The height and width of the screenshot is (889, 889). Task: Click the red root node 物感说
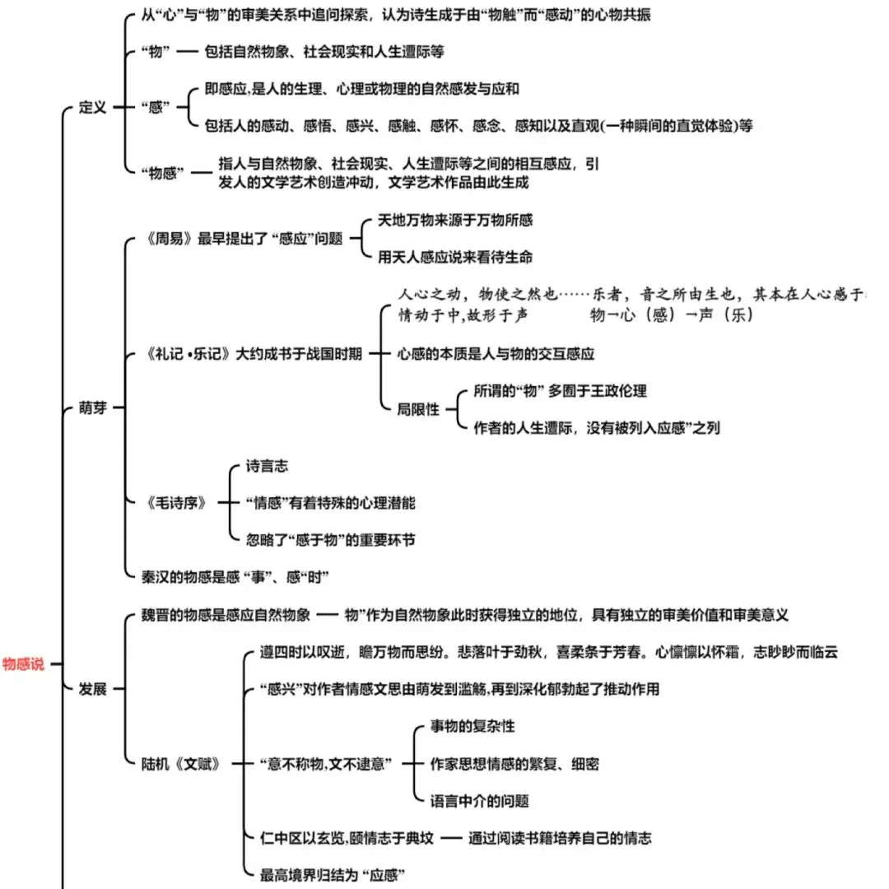[24, 664]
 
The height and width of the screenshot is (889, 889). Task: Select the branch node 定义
[92, 108]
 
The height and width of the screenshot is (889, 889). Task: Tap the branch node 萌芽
[92, 407]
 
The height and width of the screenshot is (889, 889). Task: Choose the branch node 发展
[92, 689]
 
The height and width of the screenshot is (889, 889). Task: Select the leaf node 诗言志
[268, 466]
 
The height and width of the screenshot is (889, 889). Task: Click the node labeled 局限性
[418, 408]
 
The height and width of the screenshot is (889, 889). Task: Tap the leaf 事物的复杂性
[472, 727]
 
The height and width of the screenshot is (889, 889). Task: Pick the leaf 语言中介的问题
[479, 800]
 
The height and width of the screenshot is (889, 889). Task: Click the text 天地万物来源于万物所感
[454, 220]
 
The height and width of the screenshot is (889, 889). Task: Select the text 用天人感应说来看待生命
[454, 257]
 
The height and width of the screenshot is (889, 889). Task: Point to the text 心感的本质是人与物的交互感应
[496, 354]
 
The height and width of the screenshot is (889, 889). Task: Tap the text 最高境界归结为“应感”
[333, 875]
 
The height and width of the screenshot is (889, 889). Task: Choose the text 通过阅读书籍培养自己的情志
[560, 838]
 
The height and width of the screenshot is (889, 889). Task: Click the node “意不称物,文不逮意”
[325, 763]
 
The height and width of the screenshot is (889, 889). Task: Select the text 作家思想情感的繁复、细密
[514, 764]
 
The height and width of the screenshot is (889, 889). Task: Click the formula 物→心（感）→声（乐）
[671, 314]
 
